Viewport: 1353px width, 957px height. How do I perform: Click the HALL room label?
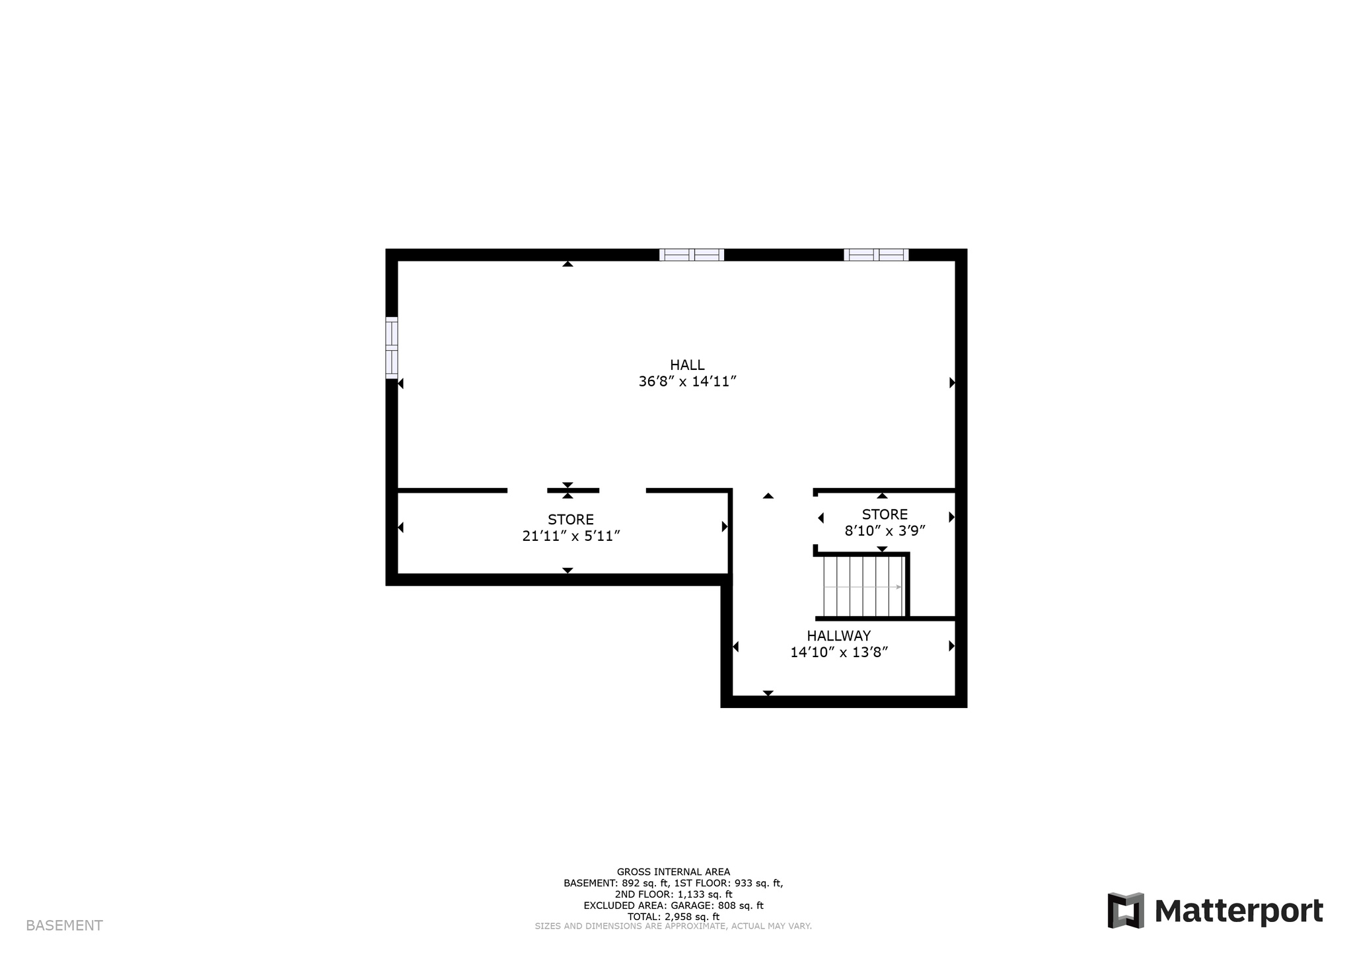pyautogui.click(x=687, y=365)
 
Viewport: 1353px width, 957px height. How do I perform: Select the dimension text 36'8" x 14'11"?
pyautogui.click(x=687, y=382)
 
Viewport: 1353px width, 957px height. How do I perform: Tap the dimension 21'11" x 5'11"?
pyautogui.click(x=571, y=536)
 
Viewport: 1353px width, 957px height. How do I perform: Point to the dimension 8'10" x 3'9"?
pyautogui.click(x=885, y=530)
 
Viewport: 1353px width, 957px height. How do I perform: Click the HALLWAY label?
pyautogui.click(x=839, y=636)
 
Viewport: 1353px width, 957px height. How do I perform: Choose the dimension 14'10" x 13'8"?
pyautogui.click(x=839, y=653)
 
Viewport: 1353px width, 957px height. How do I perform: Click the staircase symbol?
pyautogui.click(x=863, y=586)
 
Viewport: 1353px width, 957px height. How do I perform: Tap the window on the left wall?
pyautogui.click(x=392, y=348)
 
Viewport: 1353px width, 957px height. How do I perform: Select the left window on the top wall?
pyautogui.click(x=692, y=255)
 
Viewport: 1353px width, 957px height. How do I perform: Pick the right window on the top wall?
pyautogui.click(x=876, y=255)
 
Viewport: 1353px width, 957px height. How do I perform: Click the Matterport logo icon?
pyautogui.click(x=1126, y=911)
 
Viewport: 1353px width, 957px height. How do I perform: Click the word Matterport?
pyautogui.click(x=1239, y=911)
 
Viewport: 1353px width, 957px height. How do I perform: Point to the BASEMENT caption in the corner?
pyautogui.click(x=64, y=926)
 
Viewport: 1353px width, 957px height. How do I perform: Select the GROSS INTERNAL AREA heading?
pyautogui.click(x=673, y=872)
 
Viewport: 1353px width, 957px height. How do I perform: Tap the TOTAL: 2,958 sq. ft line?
pyautogui.click(x=673, y=917)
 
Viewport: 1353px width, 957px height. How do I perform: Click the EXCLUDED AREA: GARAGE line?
pyautogui.click(x=673, y=905)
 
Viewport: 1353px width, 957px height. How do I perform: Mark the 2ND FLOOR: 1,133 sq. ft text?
pyautogui.click(x=673, y=894)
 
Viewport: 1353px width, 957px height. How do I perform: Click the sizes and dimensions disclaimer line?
pyautogui.click(x=673, y=927)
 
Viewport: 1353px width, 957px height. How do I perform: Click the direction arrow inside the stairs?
pyautogui.click(x=863, y=587)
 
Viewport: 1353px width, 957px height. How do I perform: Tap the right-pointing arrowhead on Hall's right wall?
pyautogui.click(x=953, y=382)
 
